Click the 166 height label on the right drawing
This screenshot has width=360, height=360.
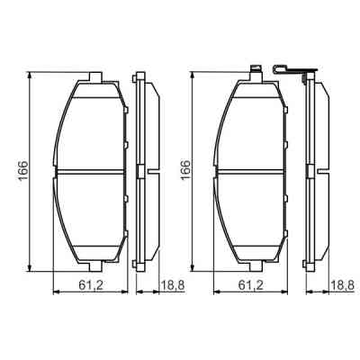[x=186, y=169]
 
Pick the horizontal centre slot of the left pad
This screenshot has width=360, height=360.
[x=89, y=171]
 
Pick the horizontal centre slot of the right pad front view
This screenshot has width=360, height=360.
[x=252, y=171]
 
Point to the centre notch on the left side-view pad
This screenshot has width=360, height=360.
[x=140, y=171]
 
